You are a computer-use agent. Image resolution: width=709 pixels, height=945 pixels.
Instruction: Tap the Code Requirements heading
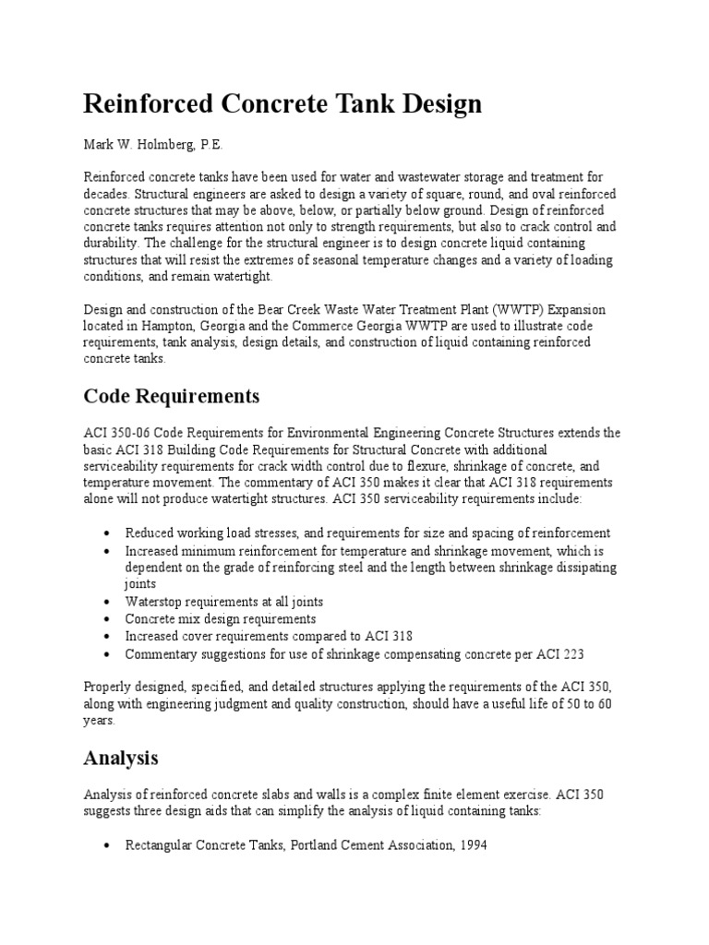click(x=172, y=397)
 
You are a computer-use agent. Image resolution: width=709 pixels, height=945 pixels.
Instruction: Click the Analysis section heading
click(x=121, y=759)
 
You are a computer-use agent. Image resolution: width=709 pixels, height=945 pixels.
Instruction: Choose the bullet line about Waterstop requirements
click(x=224, y=602)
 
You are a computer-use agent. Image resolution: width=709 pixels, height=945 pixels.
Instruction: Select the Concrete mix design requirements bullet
click(x=221, y=619)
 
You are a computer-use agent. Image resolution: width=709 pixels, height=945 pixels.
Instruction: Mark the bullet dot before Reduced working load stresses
click(x=110, y=534)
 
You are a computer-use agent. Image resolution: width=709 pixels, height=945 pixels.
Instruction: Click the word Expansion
click(x=577, y=309)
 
